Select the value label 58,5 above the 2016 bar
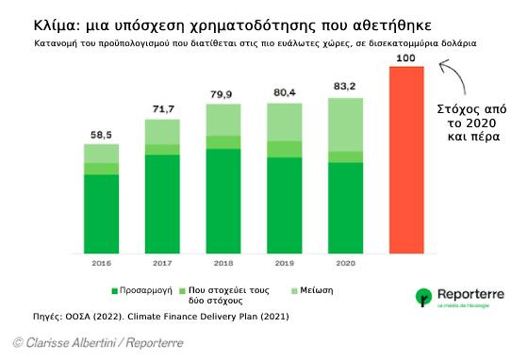click(101, 135)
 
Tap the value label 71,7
click(162, 109)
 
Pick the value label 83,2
click(346, 87)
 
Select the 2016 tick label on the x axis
click(101, 265)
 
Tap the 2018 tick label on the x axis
click(223, 265)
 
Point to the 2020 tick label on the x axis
click(346, 265)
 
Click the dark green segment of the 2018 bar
click(223, 201)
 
